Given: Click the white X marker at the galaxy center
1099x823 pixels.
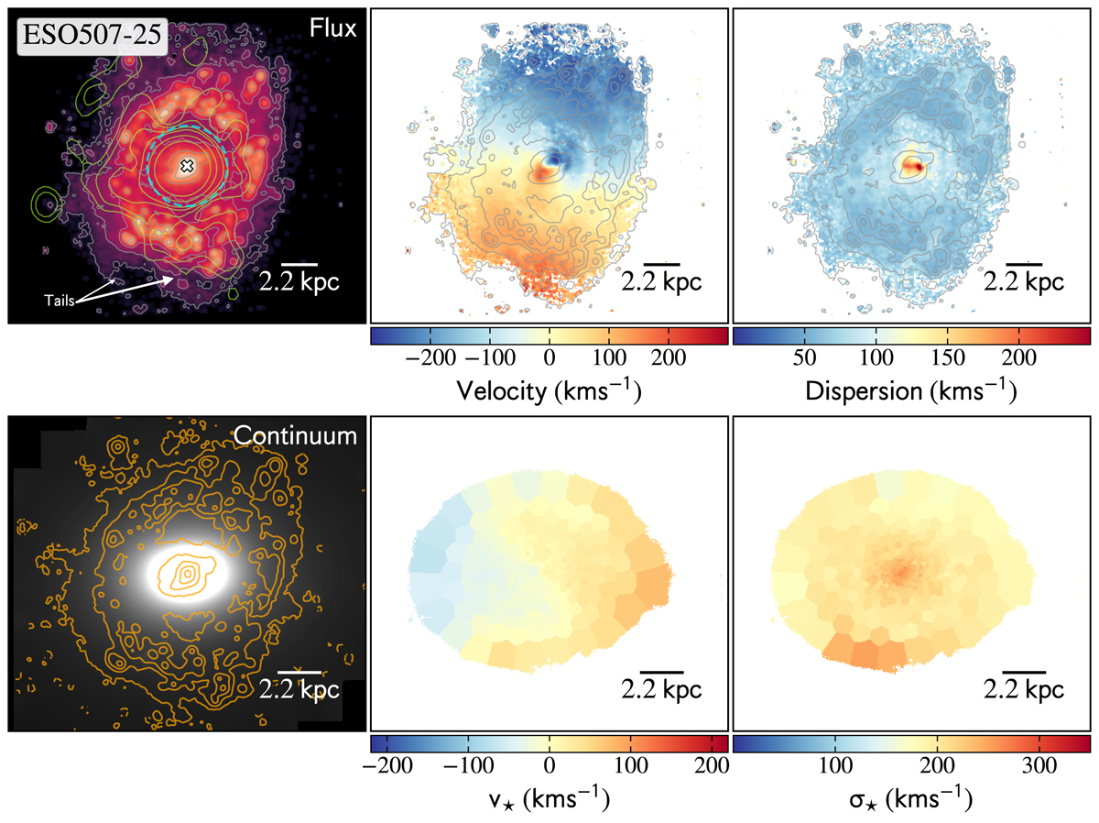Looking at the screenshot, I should [x=187, y=166].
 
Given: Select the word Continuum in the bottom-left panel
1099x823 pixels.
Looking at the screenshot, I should [x=295, y=436].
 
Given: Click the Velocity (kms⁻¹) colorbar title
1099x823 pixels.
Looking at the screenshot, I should [x=548, y=390].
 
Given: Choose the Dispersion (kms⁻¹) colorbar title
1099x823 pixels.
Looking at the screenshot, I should [x=911, y=390].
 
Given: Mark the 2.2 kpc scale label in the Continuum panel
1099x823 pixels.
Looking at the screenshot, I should [x=299, y=690].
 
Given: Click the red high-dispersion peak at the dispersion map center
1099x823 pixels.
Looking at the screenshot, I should [x=912, y=167].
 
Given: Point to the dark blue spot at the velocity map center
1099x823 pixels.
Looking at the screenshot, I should [x=549, y=164].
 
